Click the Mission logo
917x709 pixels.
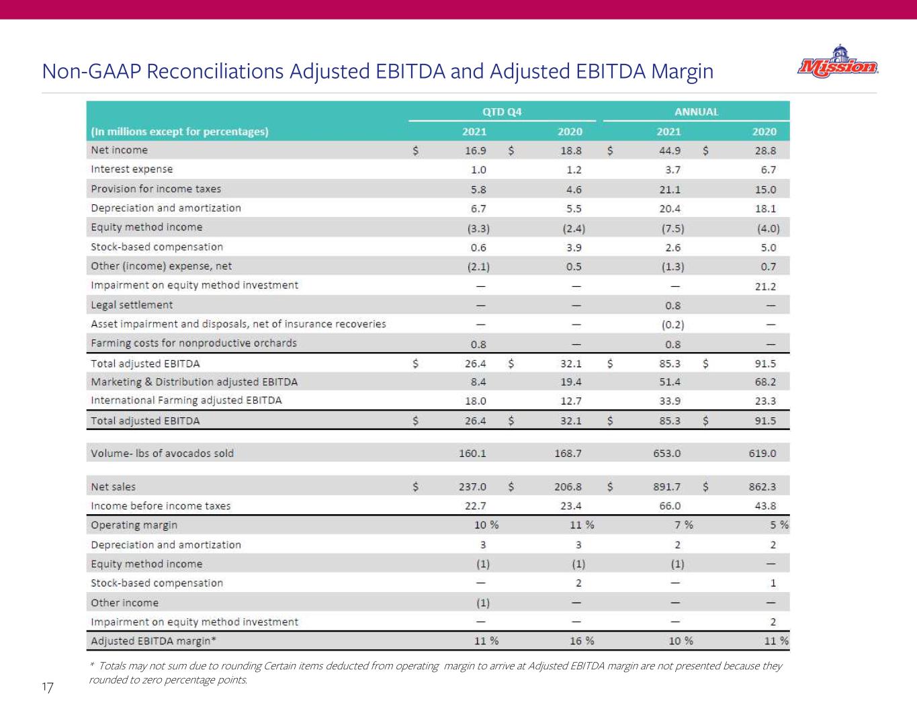coord(838,62)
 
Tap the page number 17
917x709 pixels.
coord(47,687)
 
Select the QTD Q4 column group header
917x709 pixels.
coord(502,112)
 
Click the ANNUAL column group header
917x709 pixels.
coord(696,112)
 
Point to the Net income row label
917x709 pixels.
coord(120,150)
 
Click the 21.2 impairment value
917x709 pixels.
coord(765,286)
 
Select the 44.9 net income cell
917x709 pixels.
coord(670,151)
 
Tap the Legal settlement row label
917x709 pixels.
coord(132,304)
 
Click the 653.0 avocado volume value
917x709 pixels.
coord(666,453)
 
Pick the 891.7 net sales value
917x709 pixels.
coord(666,487)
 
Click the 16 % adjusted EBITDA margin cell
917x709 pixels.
coord(582,640)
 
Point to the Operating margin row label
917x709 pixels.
coord(134,525)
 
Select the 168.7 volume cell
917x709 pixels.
coord(568,453)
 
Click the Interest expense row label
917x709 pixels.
coord(132,169)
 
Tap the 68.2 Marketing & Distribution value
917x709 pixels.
coord(765,382)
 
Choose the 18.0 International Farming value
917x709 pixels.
coord(476,401)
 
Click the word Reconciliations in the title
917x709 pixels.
coord(215,71)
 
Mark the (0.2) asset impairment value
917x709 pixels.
coord(672,325)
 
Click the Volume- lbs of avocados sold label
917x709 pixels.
coord(162,453)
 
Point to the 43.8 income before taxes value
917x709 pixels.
coord(765,505)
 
